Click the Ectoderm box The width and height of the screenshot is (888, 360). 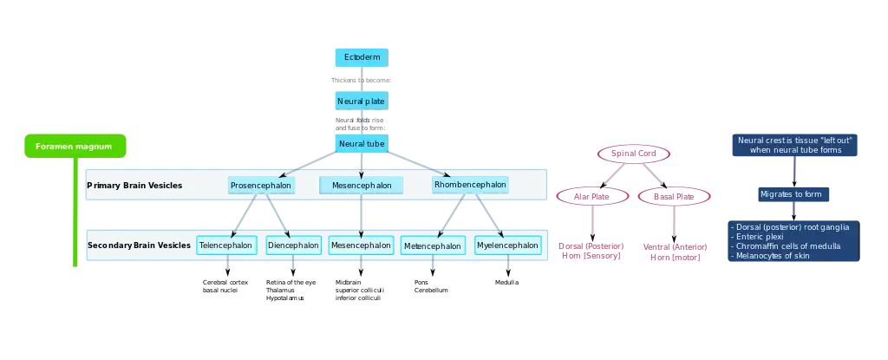361,57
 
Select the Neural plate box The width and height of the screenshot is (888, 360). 361,101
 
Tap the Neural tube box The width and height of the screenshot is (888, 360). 361,143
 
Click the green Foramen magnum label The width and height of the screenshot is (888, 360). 74,147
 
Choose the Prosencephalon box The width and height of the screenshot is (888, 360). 260,186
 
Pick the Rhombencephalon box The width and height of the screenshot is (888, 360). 470,185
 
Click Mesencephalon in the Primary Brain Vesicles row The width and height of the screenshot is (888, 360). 362,186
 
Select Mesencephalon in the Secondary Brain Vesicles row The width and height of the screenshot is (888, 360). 361,245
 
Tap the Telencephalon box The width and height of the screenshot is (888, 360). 225,245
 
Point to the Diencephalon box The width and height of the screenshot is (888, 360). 293,245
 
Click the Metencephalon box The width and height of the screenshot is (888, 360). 432,246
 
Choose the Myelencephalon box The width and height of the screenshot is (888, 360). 507,245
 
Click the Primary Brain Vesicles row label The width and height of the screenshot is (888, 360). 134,186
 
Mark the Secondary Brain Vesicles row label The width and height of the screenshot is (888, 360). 139,245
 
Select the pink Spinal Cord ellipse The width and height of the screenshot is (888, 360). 633,154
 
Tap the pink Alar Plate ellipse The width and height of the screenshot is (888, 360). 593,196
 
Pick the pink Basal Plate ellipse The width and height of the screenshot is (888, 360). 674,196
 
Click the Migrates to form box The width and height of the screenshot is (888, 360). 790,193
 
